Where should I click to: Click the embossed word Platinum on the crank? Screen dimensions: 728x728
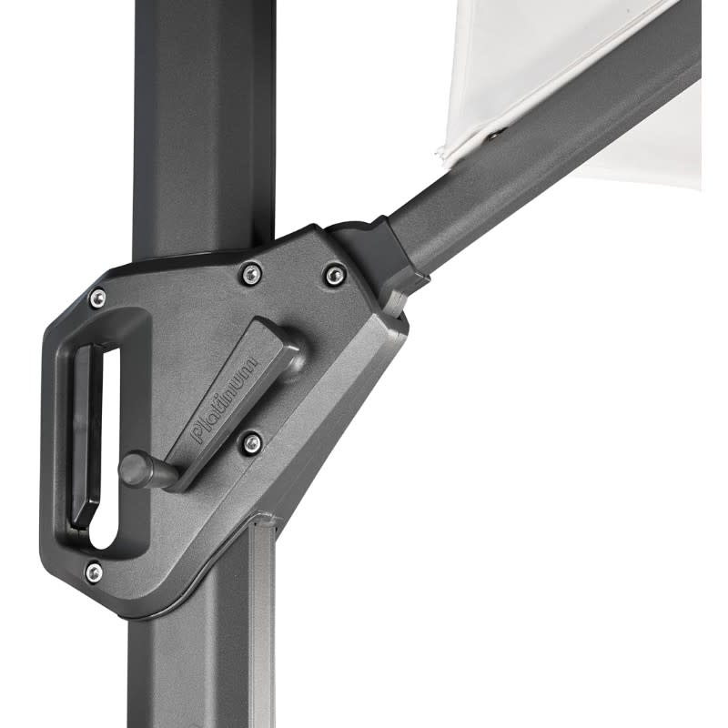225,398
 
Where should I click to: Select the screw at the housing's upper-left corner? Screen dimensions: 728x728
97,297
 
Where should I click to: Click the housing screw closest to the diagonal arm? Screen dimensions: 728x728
335,274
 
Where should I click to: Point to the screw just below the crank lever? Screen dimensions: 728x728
252,443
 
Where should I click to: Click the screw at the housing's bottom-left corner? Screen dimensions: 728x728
94,571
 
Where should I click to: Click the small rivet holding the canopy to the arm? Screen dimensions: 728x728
494,135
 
